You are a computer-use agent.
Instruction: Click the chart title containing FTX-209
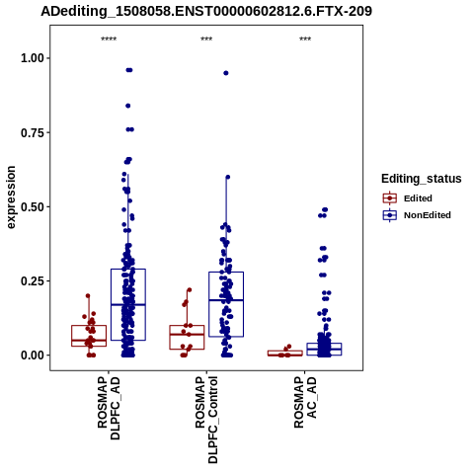coord(206,11)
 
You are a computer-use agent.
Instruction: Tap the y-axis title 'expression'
coord(11,197)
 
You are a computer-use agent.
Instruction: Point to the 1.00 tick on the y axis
coord(33,58)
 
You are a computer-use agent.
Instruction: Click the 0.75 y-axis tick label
coord(33,132)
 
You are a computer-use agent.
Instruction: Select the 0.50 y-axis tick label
coord(33,207)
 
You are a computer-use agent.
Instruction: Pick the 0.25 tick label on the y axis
coord(33,281)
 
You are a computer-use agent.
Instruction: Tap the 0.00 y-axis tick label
coord(33,355)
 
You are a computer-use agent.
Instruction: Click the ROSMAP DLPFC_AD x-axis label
coord(109,409)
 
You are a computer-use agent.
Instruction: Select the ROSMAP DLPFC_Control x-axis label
coord(206,420)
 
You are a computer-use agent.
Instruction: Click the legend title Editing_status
coord(422,179)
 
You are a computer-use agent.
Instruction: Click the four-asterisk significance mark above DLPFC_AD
coord(109,39)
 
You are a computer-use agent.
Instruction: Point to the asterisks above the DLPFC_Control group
coord(206,39)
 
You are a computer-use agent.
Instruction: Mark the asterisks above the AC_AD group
coord(305,39)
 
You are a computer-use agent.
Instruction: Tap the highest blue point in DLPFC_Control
coord(226,73)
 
